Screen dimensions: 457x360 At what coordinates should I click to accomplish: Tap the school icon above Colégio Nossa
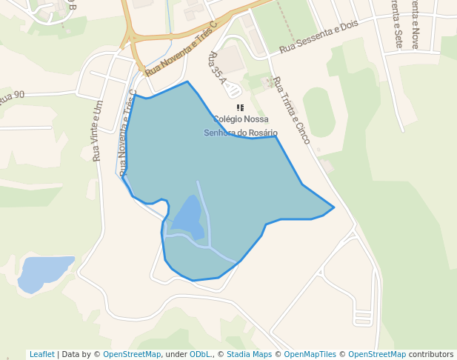tap(240, 108)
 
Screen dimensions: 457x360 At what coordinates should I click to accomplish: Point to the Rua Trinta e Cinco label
tap(291, 110)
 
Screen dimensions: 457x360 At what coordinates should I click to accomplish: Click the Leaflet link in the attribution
tap(41, 354)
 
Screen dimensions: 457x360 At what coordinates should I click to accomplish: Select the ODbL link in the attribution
tap(199, 354)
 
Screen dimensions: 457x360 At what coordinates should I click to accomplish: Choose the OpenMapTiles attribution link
tap(310, 354)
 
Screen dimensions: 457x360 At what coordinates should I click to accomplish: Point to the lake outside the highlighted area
tap(44, 272)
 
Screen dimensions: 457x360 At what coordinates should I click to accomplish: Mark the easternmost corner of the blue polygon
tap(334, 207)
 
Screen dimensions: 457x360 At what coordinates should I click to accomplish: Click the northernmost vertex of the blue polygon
tap(187, 81)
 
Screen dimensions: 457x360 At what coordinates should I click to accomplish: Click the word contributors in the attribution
tap(431, 354)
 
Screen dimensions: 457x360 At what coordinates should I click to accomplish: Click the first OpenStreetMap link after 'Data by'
tap(132, 354)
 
